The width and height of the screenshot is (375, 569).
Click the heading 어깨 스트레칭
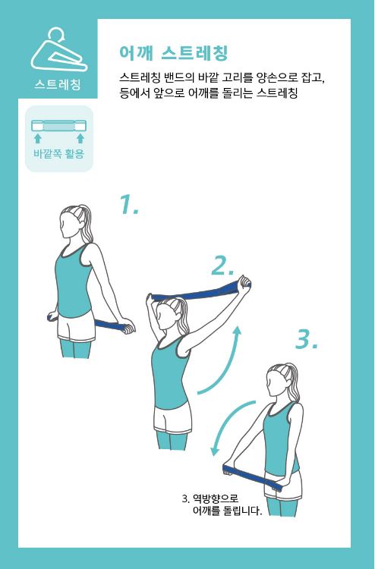[x=174, y=53]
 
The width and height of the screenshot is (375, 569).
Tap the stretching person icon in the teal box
[x=59, y=50]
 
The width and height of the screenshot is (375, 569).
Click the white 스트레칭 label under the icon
[x=58, y=85]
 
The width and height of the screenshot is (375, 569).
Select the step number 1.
[x=129, y=204]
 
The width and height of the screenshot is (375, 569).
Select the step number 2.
[x=222, y=266]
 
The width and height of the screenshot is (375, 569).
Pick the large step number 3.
[x=307, y=340]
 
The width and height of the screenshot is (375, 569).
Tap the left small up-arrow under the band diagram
[x=37, y=138]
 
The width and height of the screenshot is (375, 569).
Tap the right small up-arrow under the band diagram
[x=80, y=138]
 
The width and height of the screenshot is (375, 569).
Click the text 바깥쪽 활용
[x=58, y=153]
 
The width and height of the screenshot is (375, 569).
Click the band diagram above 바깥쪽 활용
[x=58, y=125]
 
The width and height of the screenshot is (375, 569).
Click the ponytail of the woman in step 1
[x=87, y=224]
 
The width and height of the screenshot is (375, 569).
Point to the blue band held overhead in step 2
[x=200, y=292]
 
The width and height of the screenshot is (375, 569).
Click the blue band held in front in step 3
[x=252, y=476]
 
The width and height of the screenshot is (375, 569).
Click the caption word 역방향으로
[x=216, y=498]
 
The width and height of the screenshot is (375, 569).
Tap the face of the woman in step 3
[x=273, y=382]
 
